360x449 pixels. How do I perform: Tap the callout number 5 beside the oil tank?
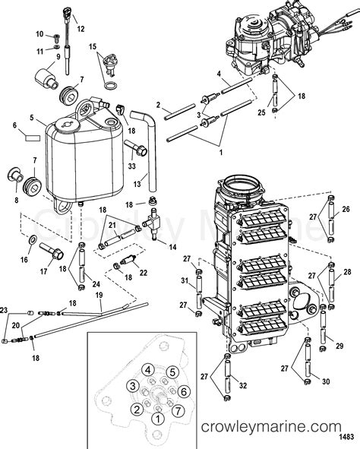click(31, 119)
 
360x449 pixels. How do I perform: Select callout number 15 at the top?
click(93, 47)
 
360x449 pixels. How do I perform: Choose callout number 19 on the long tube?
click(98, 294)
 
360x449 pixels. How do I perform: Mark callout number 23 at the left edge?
click(4, 311)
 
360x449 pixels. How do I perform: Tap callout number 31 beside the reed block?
click(185, 283)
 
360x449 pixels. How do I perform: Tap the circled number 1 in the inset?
click(157, 417)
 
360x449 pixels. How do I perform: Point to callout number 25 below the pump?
click(260, 113)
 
